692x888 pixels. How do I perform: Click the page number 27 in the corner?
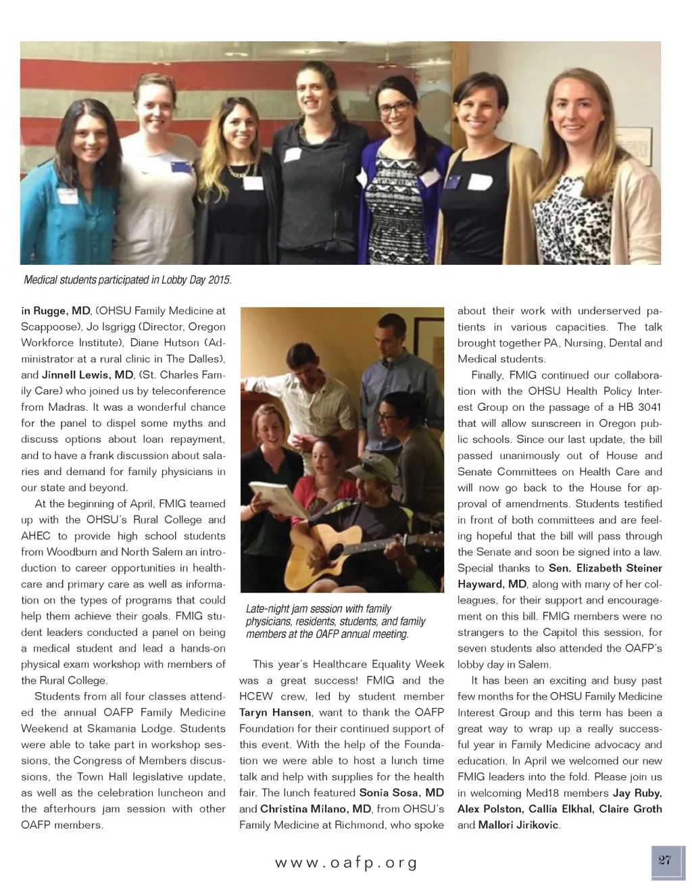(x=664, y=860)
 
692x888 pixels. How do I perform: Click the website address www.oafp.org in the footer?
(x=346, y=863)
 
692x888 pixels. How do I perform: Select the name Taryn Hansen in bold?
(x=275, y=712)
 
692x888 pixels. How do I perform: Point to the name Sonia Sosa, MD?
(x=401, y=793)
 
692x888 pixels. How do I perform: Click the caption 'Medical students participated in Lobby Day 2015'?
(x=128, y=280)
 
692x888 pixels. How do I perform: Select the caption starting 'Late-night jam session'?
(x=335, y=621)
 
